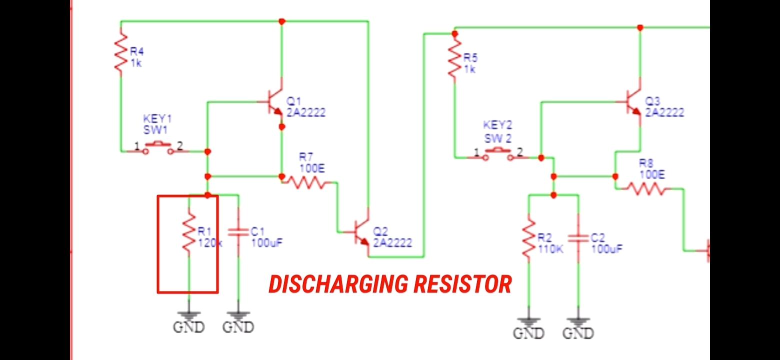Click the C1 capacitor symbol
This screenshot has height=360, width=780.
(238, 232)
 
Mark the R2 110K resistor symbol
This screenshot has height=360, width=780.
(528, 239)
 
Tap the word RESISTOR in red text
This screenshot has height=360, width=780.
(462, 284)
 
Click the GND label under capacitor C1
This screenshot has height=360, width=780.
(238, 327)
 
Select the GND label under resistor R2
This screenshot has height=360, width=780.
(528, 333)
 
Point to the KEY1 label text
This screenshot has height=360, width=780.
(157, 119)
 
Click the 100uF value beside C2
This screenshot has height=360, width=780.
(607, 248)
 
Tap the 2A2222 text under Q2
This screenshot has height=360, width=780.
(392, 242)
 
